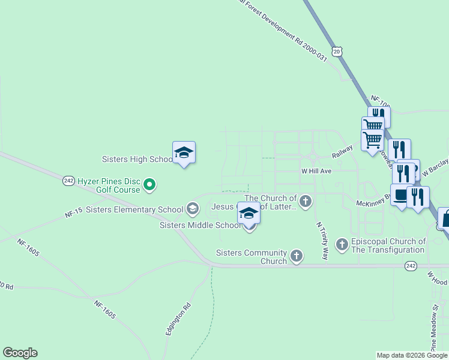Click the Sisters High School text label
click(137, 160)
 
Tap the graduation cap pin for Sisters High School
click(184, 154)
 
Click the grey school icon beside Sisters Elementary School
click(193, 209)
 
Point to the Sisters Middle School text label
click(200, 225)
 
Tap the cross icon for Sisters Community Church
click(296, 256)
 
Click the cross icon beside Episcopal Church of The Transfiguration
click(342, 244)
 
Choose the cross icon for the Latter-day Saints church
click(306, 201)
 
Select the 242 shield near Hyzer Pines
click(68, 181)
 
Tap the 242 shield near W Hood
click(411, 265)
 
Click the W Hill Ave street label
click(316, 171)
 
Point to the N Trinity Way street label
click(322, 240)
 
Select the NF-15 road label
click(74, 213)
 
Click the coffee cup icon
click(401, 196)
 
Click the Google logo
click(20, 353)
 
